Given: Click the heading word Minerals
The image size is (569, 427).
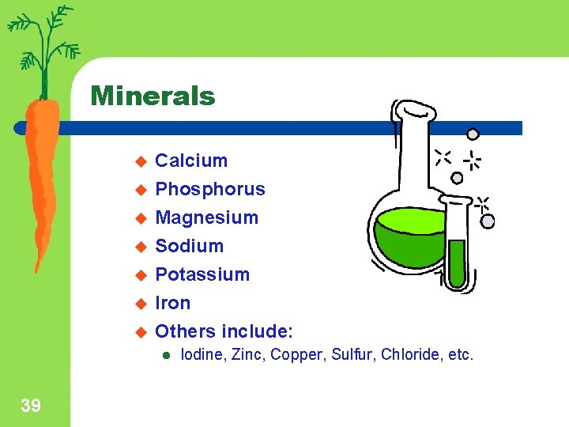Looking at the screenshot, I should [153, 96].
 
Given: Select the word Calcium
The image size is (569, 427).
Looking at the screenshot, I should [191, 161].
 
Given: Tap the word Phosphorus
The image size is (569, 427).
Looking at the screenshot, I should [210, 189].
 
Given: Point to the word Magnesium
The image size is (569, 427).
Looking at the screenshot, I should [207, 217].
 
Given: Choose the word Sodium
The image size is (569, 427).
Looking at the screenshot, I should [190, 246].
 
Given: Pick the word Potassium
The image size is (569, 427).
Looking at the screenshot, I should [202, 274].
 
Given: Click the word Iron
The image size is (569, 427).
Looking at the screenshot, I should [173, 303].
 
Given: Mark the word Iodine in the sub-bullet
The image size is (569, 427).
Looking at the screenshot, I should [202, 355].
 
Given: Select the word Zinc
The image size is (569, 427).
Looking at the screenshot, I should [247, 355].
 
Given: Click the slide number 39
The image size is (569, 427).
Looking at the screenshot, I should [31, 406].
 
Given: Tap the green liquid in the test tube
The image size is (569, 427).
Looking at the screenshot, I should [456, 261].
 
